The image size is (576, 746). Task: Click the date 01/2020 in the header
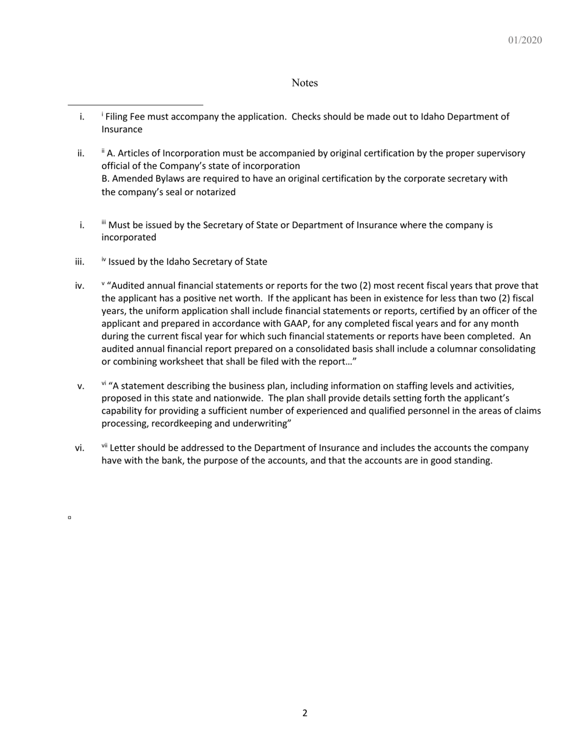(x=524, y=40)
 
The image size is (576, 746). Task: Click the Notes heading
(x=304, y=82)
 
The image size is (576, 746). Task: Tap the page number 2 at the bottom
(x=304, y=713)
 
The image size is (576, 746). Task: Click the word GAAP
(x=296, y=323)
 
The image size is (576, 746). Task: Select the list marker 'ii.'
(x=81, y=153)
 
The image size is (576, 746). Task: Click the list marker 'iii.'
(x=79, y=262)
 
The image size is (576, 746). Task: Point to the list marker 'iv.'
(x=79, y=286)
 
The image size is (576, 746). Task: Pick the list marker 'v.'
(x=81, y=386)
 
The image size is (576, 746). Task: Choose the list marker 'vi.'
(x=79, y=448)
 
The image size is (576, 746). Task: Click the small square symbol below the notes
(x=70, y=517)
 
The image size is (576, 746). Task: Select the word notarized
(x=215, y=192)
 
